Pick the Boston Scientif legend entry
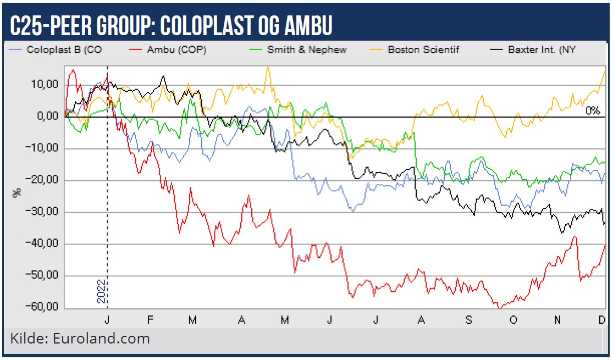click(x=423, y=49)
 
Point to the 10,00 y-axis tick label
click(x=45, y=85)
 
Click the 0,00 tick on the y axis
click(x=47, y=117)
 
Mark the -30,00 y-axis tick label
click(x=43, y=212)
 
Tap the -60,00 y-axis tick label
click(x=43, y=307)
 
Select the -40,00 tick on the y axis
click(x=43, y=244)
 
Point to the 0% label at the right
click(x=592, y=110)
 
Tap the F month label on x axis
click(x=150, y=320)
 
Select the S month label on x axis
click(x=468, y=320)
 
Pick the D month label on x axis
click(x=601, y=320)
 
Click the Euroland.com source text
click(x=103, y=339)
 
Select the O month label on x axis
click(x=513, y=320)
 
